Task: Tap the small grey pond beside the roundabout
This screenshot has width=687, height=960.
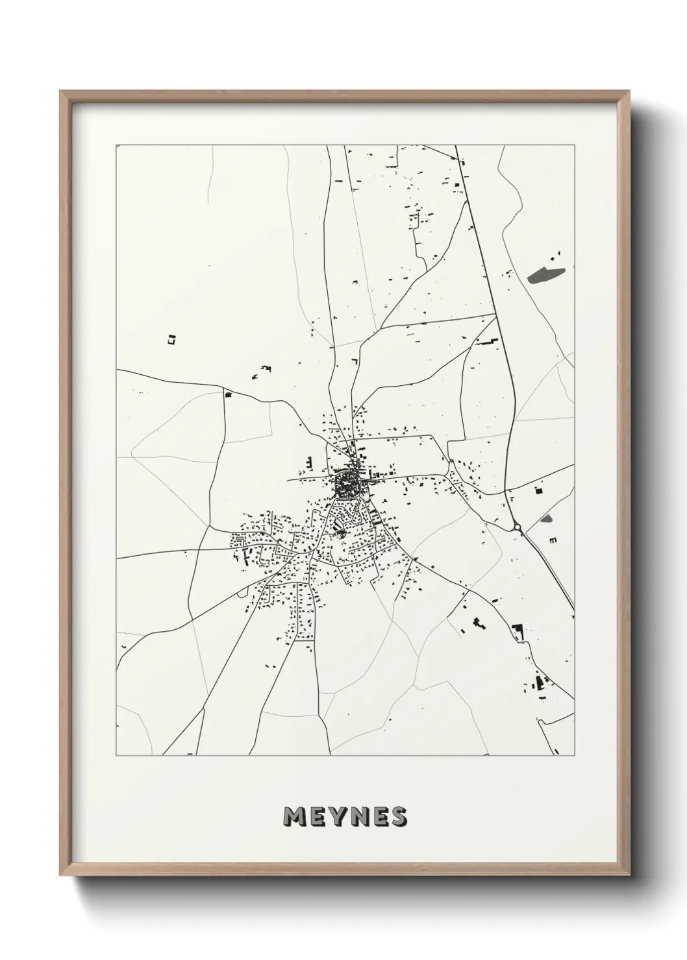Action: [546, 519]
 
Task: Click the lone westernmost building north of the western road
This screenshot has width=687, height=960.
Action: [171, 338]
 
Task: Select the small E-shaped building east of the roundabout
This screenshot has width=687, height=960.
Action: [553, 539]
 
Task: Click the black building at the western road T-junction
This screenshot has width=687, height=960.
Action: [227, 394]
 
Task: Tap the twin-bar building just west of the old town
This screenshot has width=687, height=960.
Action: [310, 464]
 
